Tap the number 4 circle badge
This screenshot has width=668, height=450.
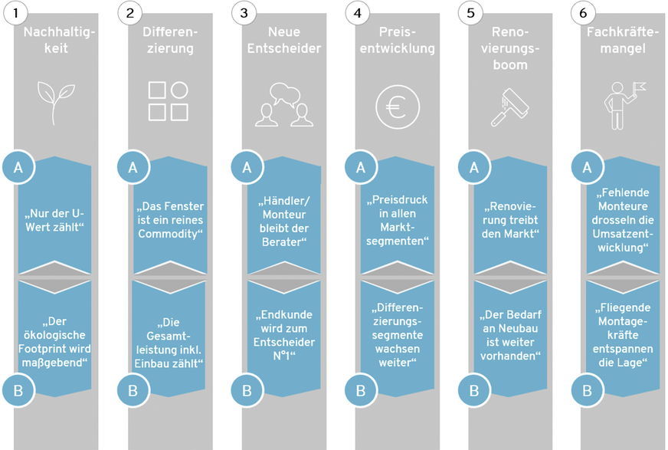358,13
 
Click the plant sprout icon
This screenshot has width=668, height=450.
56,102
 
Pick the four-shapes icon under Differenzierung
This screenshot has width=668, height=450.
169,102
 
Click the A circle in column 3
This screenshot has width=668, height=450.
246,168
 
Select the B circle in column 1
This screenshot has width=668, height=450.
17,390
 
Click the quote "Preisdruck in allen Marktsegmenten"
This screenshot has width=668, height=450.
398,221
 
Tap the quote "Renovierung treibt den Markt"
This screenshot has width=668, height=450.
512,221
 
